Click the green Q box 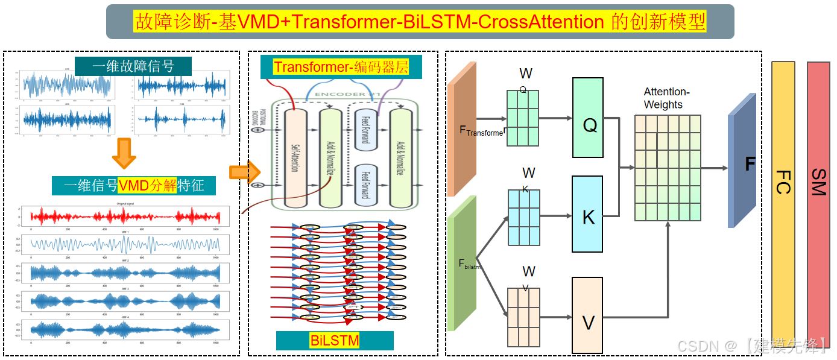588,118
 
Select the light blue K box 588,214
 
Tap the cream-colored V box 587,315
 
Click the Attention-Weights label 666,98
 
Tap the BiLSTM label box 335,341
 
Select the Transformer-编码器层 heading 341,67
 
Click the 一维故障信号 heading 133,66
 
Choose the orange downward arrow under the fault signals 124,154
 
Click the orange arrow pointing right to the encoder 244,172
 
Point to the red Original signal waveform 124,216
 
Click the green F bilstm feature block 461,262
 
